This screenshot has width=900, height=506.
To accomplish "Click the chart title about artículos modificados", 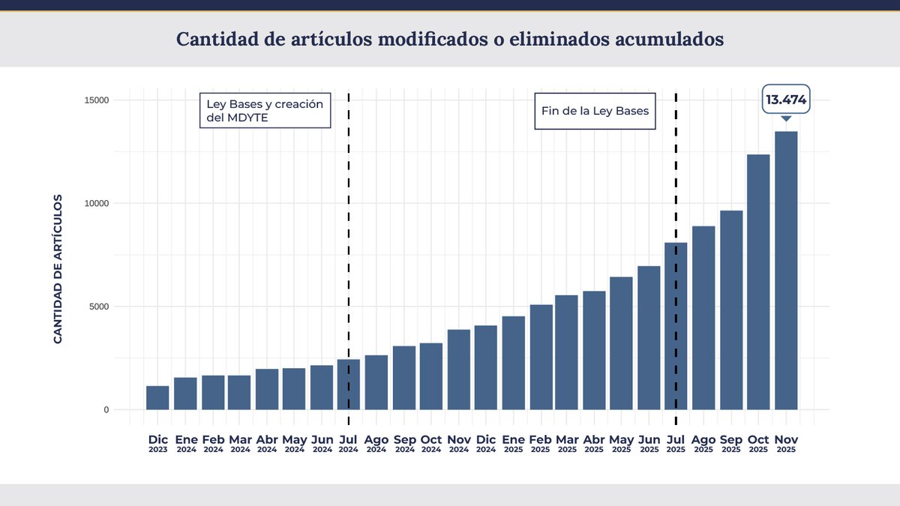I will (450, 39).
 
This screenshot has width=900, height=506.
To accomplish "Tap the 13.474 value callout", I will (785, 99).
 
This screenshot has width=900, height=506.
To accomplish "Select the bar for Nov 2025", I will (785, 270).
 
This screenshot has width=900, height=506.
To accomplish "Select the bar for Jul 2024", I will (349, 384).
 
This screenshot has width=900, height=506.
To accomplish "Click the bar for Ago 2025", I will (703, 318).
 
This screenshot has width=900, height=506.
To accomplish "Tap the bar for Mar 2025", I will (566, 352).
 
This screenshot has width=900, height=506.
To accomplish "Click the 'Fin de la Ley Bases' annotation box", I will (595, 111).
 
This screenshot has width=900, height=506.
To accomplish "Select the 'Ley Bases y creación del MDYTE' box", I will (265, 111).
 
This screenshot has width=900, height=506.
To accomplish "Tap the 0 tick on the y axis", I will (106, 410).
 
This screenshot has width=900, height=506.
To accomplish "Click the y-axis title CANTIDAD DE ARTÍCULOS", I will (58, 269).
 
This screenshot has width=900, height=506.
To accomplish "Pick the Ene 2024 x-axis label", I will (185, 443).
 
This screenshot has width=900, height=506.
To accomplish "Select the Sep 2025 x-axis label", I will (730, 443).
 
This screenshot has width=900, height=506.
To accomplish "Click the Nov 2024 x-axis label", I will (458, 443).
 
